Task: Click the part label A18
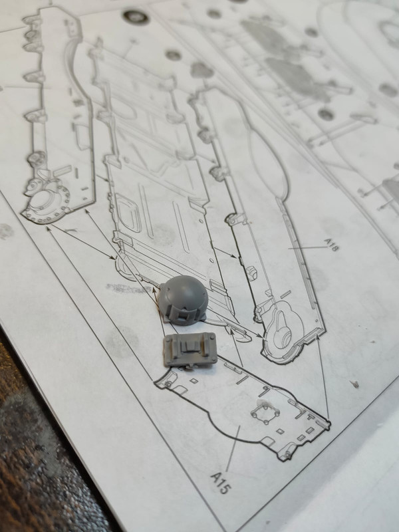pyautogui.click(x=331, y=244)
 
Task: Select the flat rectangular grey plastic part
pyautogui.click(x=190, y=349)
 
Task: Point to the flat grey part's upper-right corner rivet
pyautogui.click(x=212, y=337)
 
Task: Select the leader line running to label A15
pyautogui.click(x=233, y=448)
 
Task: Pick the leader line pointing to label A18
pyautogui.click(x=308, y=248)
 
